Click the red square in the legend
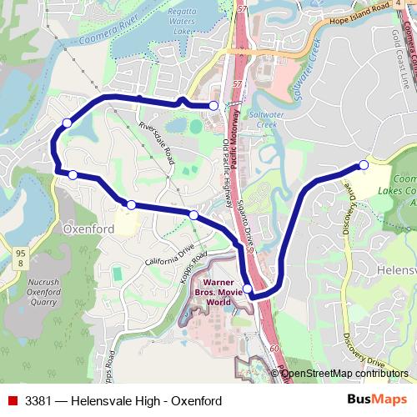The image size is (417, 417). [13, 401]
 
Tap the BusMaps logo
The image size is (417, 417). [372, 400]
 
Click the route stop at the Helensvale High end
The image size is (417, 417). [363, 165]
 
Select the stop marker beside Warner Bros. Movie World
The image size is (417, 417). [247, 288]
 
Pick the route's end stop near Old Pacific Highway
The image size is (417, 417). [214, 105]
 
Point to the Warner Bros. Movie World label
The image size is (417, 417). [218, 293]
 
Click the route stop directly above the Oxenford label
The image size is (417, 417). [131, 204]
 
